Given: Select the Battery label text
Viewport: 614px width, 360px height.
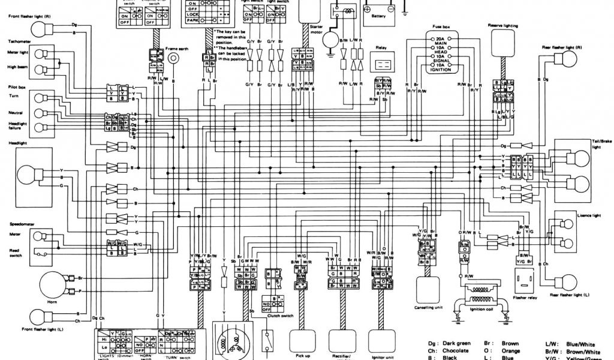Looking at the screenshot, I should click(378, 17).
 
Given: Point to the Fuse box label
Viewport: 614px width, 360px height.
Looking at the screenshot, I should click(441, 28).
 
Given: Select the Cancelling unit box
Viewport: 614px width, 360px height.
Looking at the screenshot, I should click(428, 289).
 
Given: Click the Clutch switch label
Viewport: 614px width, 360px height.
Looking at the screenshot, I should click(279, 316).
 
